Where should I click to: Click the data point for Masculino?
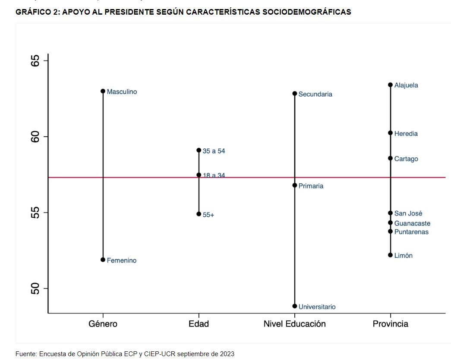(x=103, y=91)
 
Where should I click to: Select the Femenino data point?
(x=103, y=260)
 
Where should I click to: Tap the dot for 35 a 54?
(x=199, y=150)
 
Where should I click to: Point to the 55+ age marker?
(x=199, y=214)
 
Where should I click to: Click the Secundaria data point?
(x=295, y=94)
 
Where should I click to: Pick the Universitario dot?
(x=295, y=306)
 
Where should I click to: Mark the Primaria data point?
(x=295, y=185)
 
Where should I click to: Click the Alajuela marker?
(x=390, y=85)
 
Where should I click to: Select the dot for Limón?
(x=390, y=255)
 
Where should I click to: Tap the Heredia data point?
(x=390, y=133)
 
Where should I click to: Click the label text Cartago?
(x=406, y=159)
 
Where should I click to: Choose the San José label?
(x=408, y=213)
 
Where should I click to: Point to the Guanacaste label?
(x=412, y=223)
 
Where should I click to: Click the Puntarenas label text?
(x=411, y=232)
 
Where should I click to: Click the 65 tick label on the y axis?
(x=35, y=60)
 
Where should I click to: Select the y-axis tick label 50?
(x=35, y=288)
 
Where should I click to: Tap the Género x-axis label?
(x=103, y=324)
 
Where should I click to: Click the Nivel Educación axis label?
(x=295, y=324)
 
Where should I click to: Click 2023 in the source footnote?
(x=227, y=354)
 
